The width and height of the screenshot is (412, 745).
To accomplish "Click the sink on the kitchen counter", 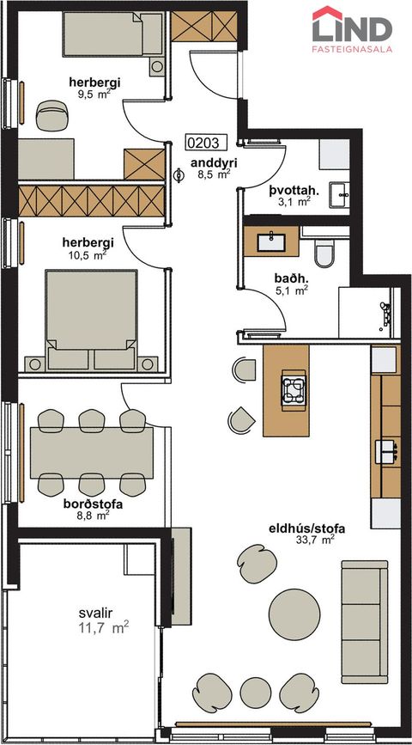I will [385, 448].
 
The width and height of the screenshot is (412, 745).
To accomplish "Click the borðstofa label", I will [91, 505].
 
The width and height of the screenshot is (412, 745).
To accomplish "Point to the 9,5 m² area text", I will [94, 95].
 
